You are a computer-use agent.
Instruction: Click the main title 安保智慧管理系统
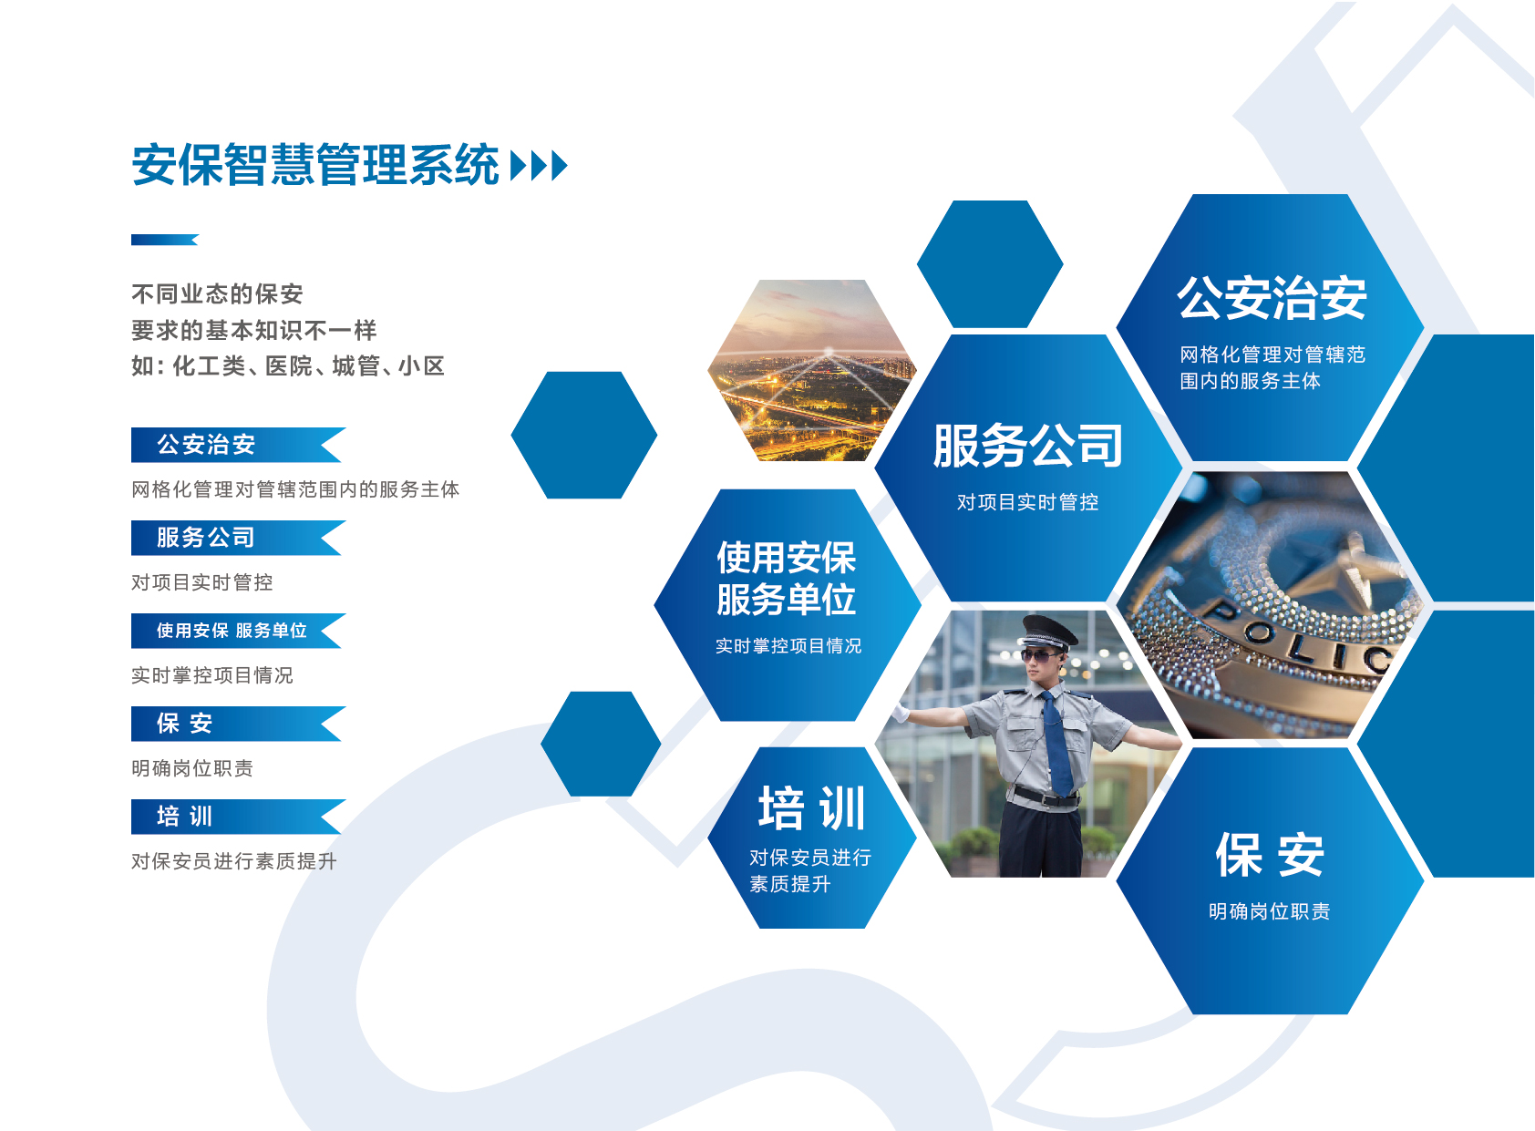tap(315, 165)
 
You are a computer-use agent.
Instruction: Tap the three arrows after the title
tap(540, 166)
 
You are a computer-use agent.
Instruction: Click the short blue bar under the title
tap(164, 240)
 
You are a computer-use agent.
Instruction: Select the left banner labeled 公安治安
tap(239, 446)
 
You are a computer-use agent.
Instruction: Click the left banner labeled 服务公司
tap(239, 538)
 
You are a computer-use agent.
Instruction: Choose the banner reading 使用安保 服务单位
tap(239, 631)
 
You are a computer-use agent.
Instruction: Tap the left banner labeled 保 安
tap(239, 725)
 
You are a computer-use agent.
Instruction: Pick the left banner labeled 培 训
tap(239, 817)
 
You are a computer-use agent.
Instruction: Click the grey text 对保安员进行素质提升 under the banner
tap(233, 861)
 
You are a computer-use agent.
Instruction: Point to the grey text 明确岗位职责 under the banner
tap(191, 768)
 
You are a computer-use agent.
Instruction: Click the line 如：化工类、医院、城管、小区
tap(288, 366)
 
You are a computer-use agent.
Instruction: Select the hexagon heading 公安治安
tap(1272, 299)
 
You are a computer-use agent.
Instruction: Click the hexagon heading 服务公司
tap(1028, 447)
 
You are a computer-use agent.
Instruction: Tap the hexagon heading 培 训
tap(812, 808)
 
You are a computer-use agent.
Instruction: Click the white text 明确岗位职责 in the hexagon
tap(1269, 911)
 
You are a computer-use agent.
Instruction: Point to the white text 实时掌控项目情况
tap(788, 646)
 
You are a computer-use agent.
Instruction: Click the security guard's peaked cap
tap(1047, 632)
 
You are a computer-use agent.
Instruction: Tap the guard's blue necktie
tap(1057, 744)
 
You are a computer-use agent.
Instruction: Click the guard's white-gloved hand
tap(901, 713)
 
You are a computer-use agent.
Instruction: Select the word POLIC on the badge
tap(1295, 636)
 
